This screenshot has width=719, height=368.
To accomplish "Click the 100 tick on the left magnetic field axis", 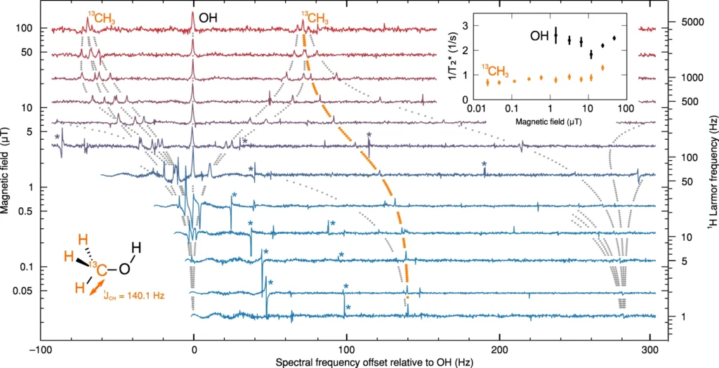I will pyautogui.click(x=26, y=29).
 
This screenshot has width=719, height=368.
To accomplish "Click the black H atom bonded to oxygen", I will pyautogui.click(x=136, y=247).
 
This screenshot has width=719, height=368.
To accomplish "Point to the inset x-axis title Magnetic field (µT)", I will pyautogui.click(x=549, y=121).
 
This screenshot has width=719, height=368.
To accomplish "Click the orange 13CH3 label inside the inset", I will pyautogui.click(x=496, y=69).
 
